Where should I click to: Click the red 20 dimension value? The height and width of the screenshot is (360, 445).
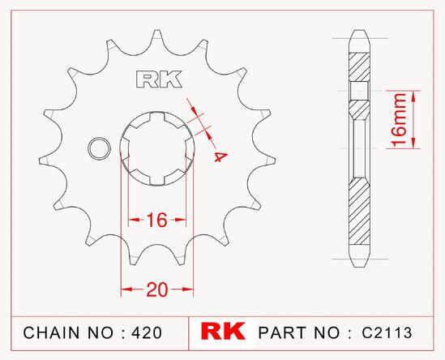[x=157, y=290]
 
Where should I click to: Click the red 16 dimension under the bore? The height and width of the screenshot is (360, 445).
[x=157, y=220]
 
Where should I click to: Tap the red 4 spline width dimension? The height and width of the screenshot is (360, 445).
[x=220, y=156]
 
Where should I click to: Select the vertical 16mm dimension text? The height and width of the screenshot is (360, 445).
[x=399, y=120]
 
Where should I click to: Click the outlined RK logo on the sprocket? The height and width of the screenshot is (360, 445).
[x=159, y=79]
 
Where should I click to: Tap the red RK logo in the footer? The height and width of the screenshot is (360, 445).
[x=223, y=331]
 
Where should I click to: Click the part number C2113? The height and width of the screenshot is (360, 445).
[x=387, y=332]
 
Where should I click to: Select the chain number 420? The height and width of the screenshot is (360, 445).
[x=147, y=332]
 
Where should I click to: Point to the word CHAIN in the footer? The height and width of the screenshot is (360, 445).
[x=51, y=332]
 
